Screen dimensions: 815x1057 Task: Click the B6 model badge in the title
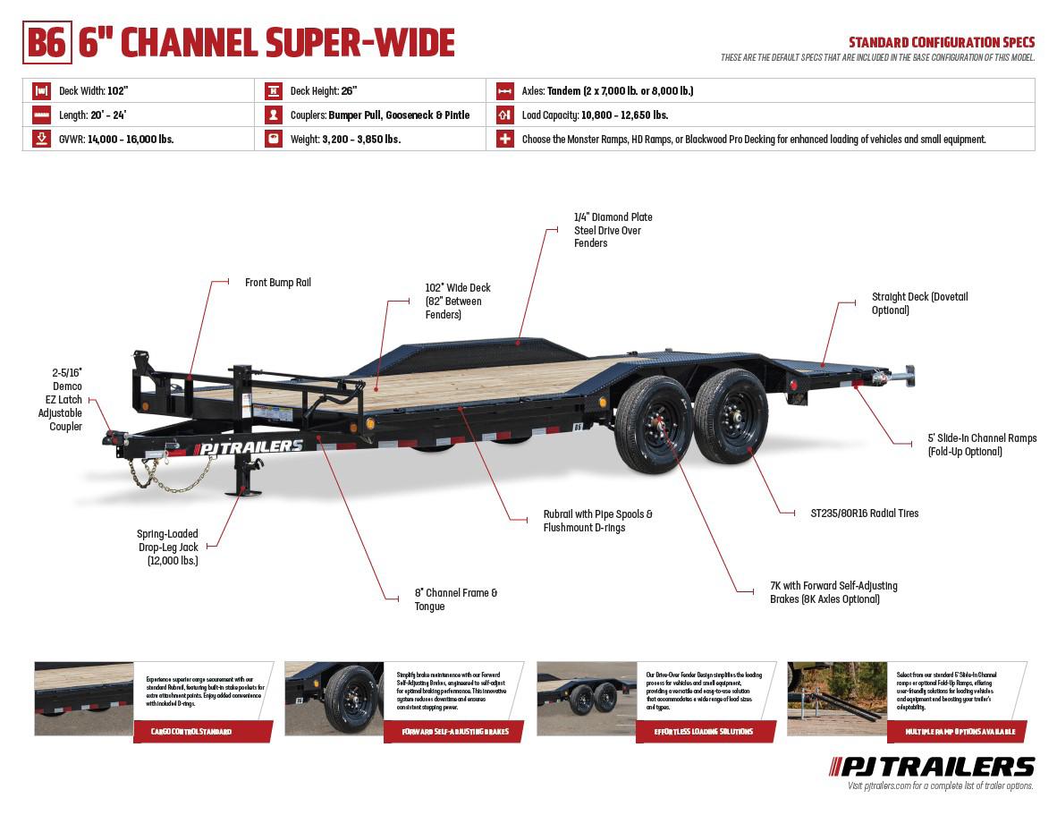coord(47,42)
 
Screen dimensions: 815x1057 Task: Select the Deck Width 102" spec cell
coord(93,90)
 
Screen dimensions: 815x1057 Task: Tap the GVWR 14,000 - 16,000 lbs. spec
coord(115,140)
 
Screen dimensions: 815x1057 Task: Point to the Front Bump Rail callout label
coord(277,283)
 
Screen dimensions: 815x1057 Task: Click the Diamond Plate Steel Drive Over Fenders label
coord(613,230)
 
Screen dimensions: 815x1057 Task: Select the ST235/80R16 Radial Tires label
coord(864,514)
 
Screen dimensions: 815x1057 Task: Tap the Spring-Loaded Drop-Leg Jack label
coord(167,547)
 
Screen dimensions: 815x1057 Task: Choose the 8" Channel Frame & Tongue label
coord(455,599)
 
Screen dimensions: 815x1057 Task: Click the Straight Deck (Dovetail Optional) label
coord(919,303)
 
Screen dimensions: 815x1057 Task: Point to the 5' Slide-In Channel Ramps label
coord(981,445)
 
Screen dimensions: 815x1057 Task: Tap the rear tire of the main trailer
coord(731,416)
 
